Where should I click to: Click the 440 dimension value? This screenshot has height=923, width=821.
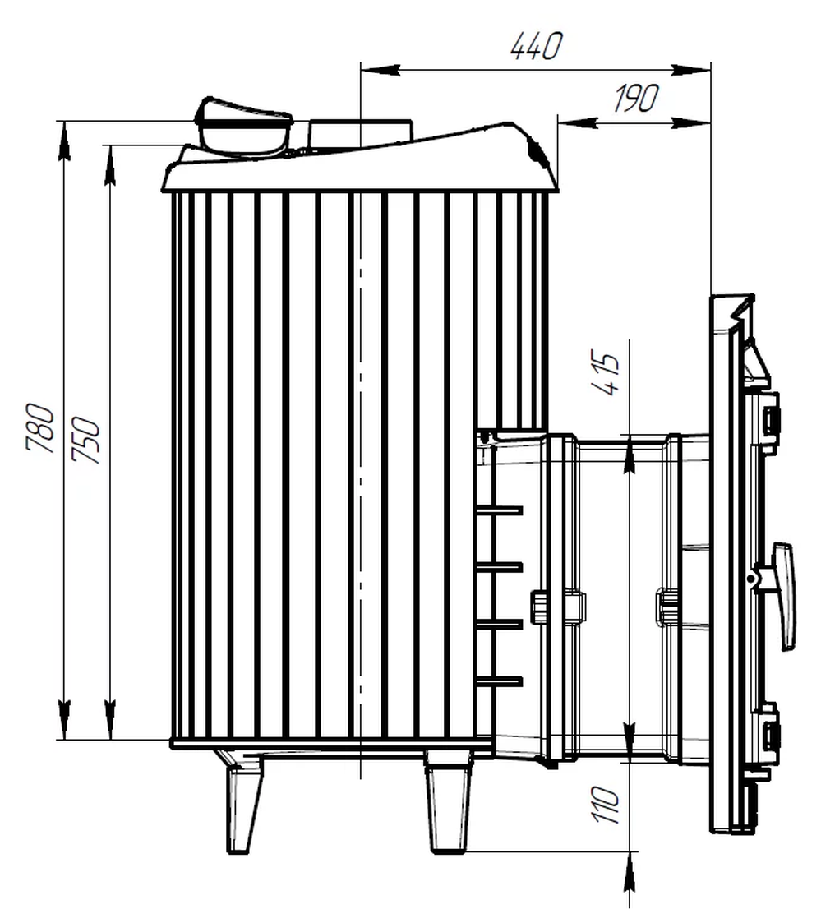click(x=536, y=46)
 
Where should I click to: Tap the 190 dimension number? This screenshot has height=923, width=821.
click(x=635, y=98)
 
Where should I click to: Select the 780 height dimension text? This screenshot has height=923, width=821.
click(x=40, y=427)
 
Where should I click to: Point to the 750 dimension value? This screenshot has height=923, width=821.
click(x=86, y=441)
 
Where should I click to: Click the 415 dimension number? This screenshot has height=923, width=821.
click(x=604, y=374)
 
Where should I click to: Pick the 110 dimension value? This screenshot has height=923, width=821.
click(x=606, y=804)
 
